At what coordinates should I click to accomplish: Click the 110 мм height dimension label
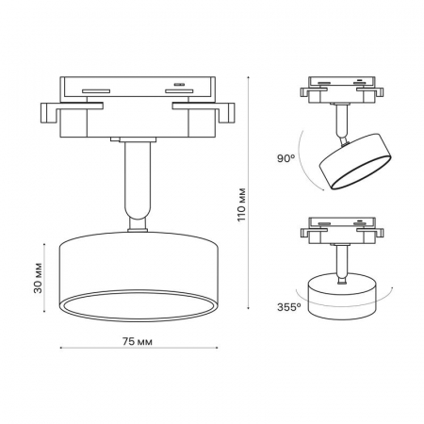coord(241,205)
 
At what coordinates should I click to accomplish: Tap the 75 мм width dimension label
coord(138,342)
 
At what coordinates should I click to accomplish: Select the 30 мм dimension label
coord(38,278)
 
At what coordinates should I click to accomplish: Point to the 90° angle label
coord(286,158)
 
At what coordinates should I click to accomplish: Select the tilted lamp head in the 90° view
coord(355,162)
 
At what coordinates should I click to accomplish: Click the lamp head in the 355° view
coord(341,296)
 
